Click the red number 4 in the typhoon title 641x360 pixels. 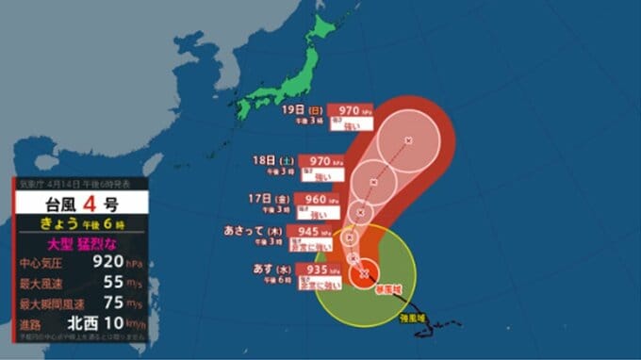92,203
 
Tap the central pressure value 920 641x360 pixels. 101,263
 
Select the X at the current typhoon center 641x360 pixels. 363,274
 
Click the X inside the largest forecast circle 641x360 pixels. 408,140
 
